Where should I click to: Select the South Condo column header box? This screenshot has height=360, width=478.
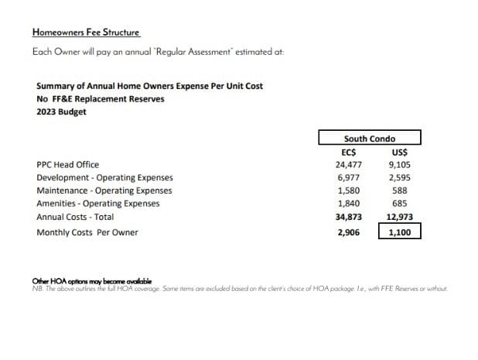(370, 139)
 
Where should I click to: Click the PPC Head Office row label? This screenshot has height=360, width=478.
(67, 165)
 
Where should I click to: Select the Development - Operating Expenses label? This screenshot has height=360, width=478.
(104, 178)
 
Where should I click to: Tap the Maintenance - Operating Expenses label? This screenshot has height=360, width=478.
(104, 190)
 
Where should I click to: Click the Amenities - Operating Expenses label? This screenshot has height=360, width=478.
(98, 204)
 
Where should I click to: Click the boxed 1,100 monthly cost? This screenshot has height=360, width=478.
(399, 232)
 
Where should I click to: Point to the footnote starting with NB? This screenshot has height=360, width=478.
(240, 290)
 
